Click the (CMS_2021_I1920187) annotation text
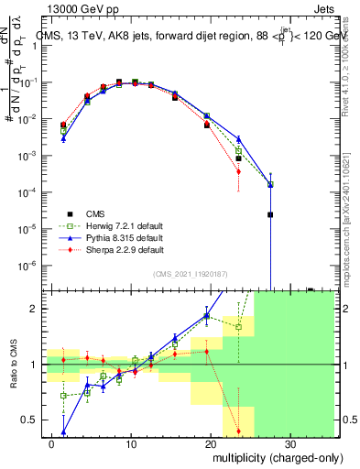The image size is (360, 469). [x=190, y=272]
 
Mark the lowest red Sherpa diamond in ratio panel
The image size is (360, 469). [x=238, y=431]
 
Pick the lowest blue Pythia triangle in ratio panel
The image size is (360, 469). [x=64, y=432]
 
